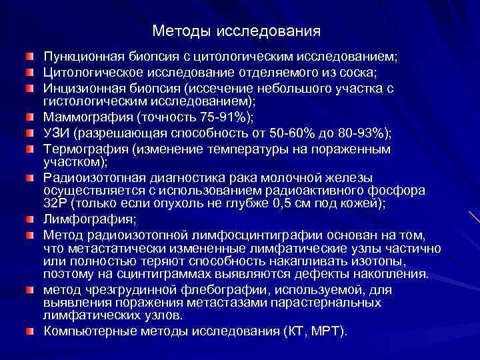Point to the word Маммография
coord(83,117)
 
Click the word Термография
coord(83,149)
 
